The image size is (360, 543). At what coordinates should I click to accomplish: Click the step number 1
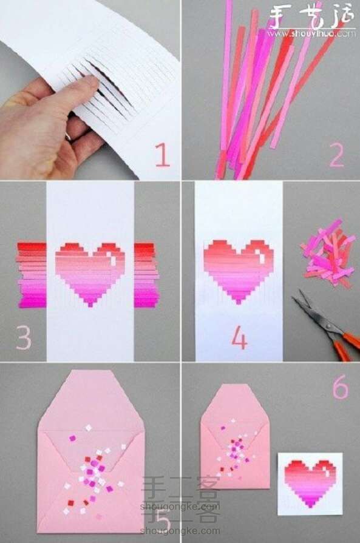click(161, 155)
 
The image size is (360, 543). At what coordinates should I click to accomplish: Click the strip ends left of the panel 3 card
click(32, 273)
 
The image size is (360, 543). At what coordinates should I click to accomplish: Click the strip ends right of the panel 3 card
click(146, 273)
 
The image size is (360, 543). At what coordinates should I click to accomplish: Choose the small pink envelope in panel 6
click(235, 437)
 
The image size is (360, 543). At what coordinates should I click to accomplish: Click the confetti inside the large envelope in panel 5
click(94, 467)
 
